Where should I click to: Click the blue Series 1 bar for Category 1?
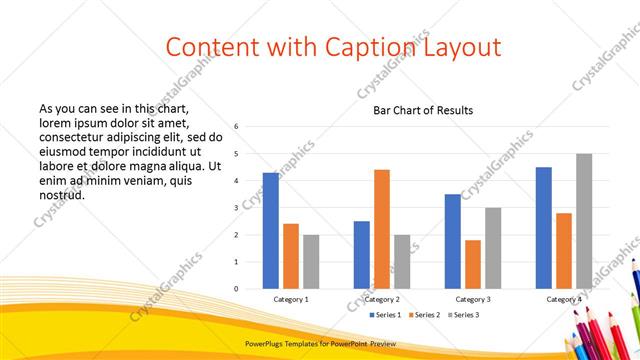[x=270, y=231]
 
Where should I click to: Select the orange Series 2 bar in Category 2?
[x=382, y=229]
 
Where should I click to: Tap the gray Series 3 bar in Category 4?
[x=584, y=221]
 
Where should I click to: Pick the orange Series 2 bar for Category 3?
[x=473, y=264]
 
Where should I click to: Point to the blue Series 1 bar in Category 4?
[x=544, y=228]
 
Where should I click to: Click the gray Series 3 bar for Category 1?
[x=311, y=262]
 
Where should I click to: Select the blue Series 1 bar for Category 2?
[x=361, y=255]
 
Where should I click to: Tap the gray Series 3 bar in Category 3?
[x=493, y=248]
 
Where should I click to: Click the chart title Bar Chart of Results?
[x=423, y=110]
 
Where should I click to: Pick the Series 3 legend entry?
[x=466, y=316]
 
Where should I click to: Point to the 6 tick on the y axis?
[x=236, y=127]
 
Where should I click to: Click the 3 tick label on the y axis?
[x=236, y=208]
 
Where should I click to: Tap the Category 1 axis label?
[x=291, y=299]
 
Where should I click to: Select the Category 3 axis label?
[x=473, y=299]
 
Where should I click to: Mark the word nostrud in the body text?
[x=61, y=195]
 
